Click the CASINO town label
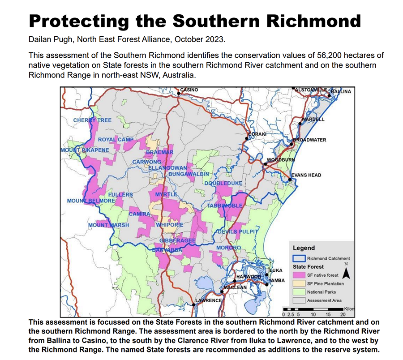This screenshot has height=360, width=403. [x=189, y=90]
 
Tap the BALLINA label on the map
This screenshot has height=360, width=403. [x=341, y=91]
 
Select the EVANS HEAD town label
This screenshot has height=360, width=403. [x=306, y=175]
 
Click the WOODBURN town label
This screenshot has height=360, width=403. [x=281, y=160]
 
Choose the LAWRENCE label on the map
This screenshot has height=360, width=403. [x=208, y=300]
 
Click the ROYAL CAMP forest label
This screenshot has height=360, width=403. [x=116, y=140]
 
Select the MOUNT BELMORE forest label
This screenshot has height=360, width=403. [x=91, y=201]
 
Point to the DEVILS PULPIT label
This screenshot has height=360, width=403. [x=238, y=231]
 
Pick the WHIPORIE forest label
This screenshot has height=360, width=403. [x=170, y=225]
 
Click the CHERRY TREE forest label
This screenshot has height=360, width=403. [x=92, y=120]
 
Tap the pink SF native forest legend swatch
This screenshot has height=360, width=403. [x=299, y=275]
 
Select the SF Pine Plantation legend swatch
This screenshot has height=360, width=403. [x=299, y=283]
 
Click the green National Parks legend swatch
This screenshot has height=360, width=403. [x=299, y=292]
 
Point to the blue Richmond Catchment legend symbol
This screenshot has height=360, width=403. [x=299, y=258]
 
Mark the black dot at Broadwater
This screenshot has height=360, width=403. [x=292, y=145]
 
